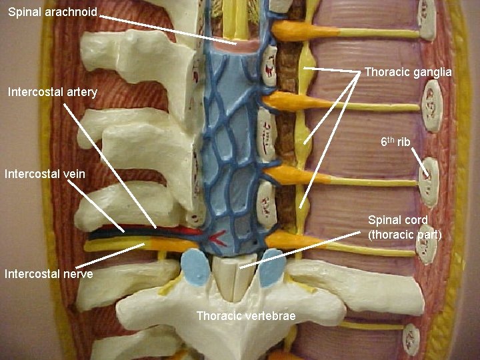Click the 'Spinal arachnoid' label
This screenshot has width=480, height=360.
point(53,12)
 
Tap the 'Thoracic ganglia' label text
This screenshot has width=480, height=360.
point(408,72)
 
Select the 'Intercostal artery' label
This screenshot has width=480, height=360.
point(53,91)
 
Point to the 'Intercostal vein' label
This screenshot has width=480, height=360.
point(45,175)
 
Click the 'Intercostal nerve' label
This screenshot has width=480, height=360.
point(49,273)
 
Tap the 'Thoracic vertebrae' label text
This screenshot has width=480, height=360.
point(246,315)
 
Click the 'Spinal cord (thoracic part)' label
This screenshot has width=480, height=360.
point(405,227)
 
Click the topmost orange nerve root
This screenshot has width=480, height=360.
point(293,30)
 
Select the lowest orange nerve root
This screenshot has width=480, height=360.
point(287,240)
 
